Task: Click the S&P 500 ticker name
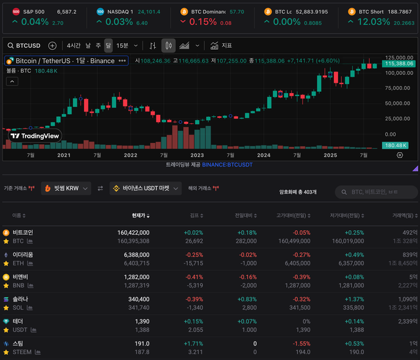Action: click(x=33, y=12)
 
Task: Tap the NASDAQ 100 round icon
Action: click(x=100, y=12)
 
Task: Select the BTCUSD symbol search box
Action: click(x=27, y=46)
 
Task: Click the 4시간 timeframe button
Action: click(x=73, y=46)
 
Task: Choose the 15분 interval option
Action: click(x=123, y=46)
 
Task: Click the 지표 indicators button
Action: click(x=221, y=46)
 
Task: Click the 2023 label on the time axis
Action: click(x=197, y=155)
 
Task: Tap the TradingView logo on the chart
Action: click(x=35, y=136)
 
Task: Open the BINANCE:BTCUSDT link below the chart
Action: click(x=227, y=165)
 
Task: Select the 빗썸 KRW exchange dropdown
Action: click(x=66, y=188)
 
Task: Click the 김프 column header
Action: click(x=194, y=215)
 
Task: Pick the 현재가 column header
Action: click(x=140, y=215)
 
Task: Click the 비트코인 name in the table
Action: click(x=22, y=232)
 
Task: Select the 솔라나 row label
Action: click(x=20, y=298)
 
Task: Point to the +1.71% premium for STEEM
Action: click(x=194, y=343)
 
